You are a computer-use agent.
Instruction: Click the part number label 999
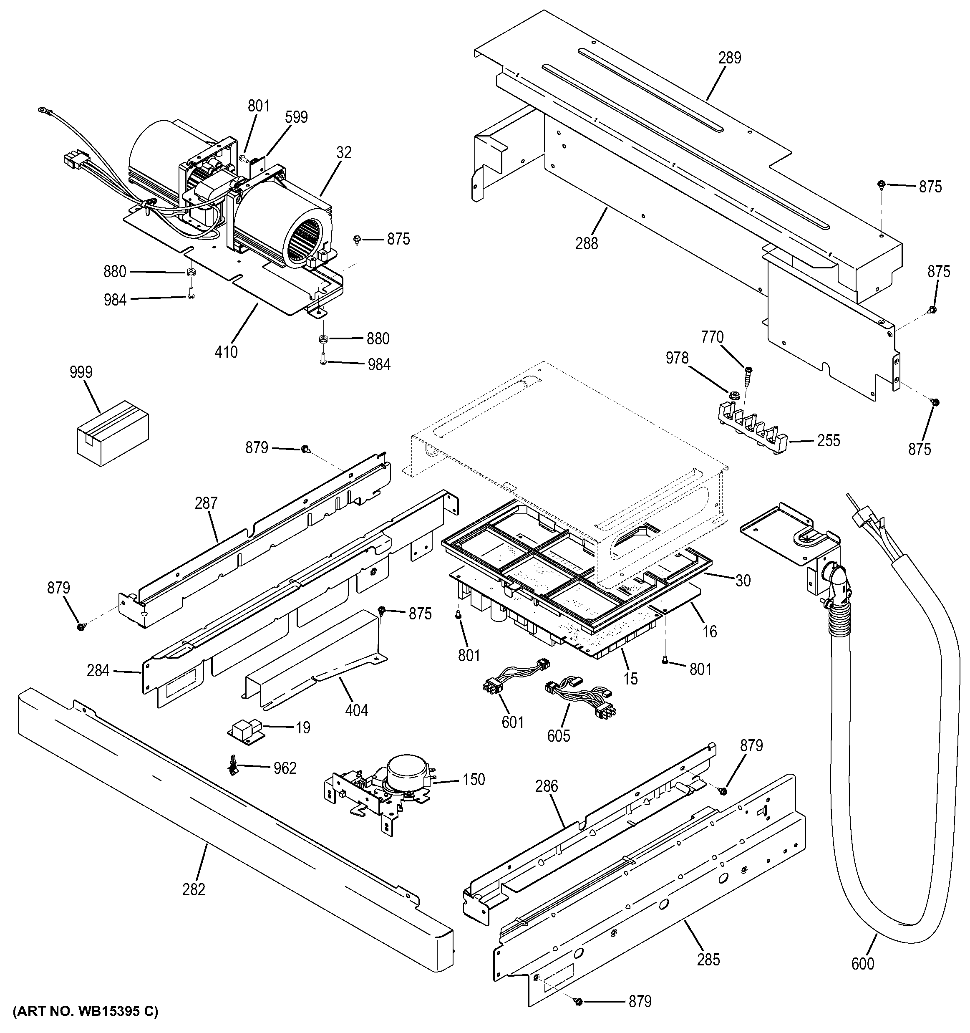pyautogui.click(x=81, y=372)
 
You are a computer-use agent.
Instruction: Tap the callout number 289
pyautogui.click(x=730, y=58)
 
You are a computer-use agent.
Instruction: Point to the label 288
pyautogui.click(x=586, y=243)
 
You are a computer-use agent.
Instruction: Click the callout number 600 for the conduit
pyautogui.click(x=862, y=964)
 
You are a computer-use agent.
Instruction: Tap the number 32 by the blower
pyautogui.click(x=344, y=152)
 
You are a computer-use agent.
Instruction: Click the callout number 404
pyautogui.click(x=357, y=710)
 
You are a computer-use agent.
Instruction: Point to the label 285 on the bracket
pyautogui.click(x=708, y=960)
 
